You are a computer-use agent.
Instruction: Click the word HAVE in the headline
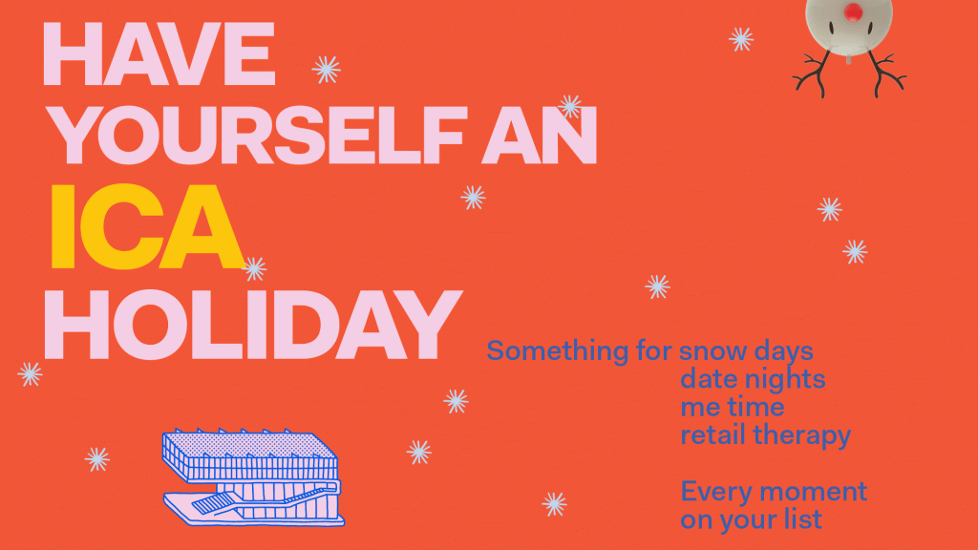[159, 54]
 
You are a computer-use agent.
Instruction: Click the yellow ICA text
[143, 225]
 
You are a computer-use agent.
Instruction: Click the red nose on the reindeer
[854, 12]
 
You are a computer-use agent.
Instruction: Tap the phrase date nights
[753, 379]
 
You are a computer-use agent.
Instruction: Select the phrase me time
[733, 408]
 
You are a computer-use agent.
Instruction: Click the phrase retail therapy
[765, 436]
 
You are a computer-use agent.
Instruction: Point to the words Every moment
[774, 492]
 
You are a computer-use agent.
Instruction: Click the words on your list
[751, 520]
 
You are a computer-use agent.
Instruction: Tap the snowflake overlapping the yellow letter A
[254, 268]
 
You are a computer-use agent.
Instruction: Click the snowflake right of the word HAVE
[326, 69]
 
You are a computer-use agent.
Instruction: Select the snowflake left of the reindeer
[741, 39]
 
